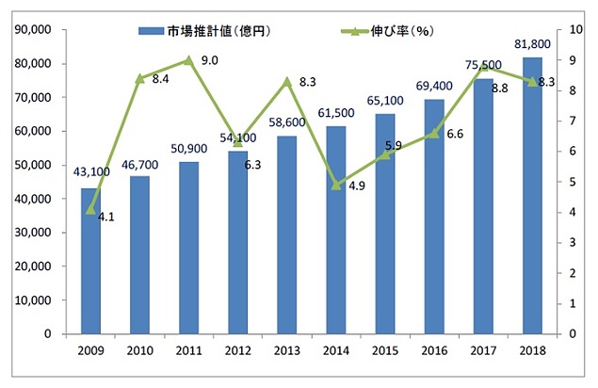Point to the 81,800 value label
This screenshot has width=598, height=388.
[531, 46]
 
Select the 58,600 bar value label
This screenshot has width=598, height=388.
[288, 123]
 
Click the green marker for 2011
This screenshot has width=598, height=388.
[189, 60]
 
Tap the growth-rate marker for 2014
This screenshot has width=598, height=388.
[336, 185]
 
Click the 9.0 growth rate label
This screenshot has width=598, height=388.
[210, 61]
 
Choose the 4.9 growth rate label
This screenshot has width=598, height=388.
[357, 186]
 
